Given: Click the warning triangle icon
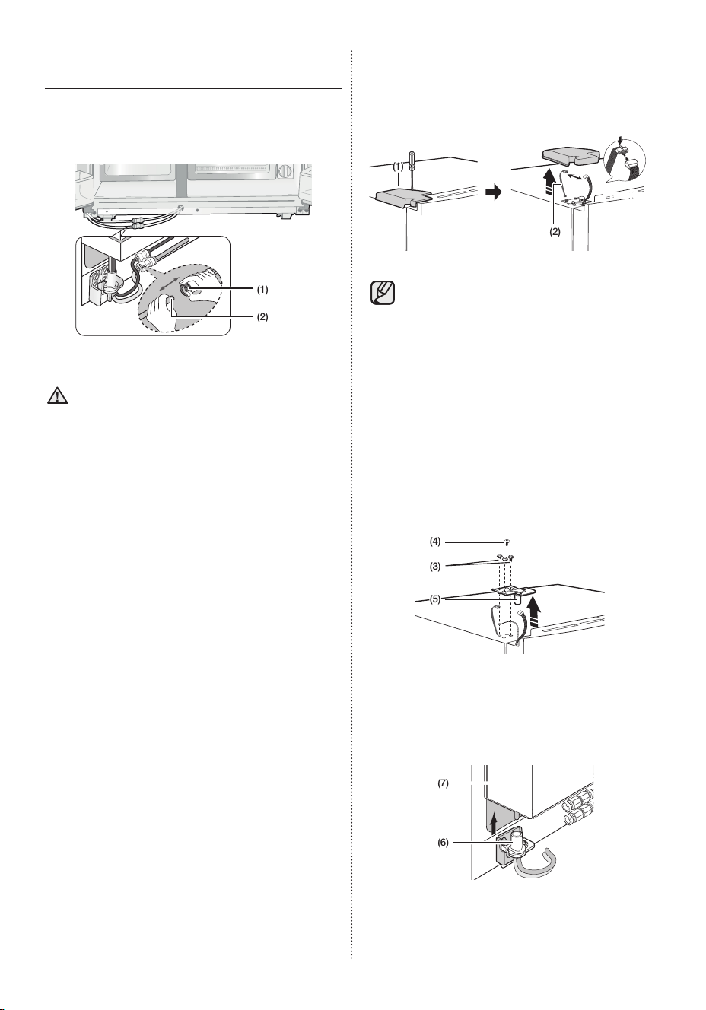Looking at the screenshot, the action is coord(57,395).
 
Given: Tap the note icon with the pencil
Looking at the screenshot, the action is coord(383,293).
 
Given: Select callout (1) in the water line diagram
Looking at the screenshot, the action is coord(262,290).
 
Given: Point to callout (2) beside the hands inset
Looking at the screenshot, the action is coord(262,317).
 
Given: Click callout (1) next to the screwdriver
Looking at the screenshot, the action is coord(398,167).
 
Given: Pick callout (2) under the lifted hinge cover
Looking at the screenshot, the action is coord(555,232).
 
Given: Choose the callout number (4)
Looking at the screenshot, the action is coord(435,542).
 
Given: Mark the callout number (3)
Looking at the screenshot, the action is coord(435,567).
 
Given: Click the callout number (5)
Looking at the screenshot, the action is coord(435,600).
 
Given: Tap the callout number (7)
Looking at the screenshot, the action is coord(444,783).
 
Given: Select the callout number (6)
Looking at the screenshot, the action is coord(444,843).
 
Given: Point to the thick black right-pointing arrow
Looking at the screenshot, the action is coord(494,193).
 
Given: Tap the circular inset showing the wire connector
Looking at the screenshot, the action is coord(625,161).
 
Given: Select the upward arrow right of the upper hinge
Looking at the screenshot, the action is coord(536,611).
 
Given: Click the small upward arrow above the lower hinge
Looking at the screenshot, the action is coord(495,824).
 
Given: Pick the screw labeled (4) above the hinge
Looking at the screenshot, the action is coord(506,542).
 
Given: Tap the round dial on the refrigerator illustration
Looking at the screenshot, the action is coord(285,172).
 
